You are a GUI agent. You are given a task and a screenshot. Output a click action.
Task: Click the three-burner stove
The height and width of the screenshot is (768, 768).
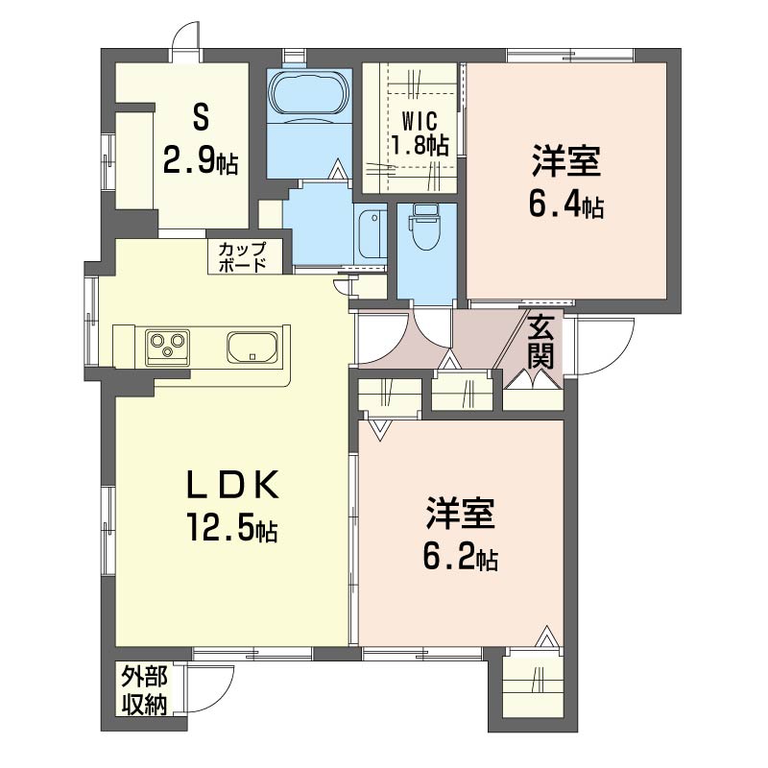pos(167,347)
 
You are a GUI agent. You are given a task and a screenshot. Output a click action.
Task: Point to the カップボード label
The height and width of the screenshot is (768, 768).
pos(242,256)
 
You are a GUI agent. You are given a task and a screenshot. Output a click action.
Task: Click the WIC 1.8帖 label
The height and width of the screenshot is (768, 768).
pos(420,133)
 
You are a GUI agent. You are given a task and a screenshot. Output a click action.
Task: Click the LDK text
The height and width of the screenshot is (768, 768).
pos(231,485)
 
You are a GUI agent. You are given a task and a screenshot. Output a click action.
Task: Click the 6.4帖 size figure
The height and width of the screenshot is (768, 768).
pos(566,204)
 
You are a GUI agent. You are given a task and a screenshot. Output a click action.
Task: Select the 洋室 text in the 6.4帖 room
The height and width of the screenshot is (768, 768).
pos(566,161)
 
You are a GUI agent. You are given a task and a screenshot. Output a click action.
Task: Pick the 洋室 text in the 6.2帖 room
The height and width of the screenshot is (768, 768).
pos(461,514)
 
